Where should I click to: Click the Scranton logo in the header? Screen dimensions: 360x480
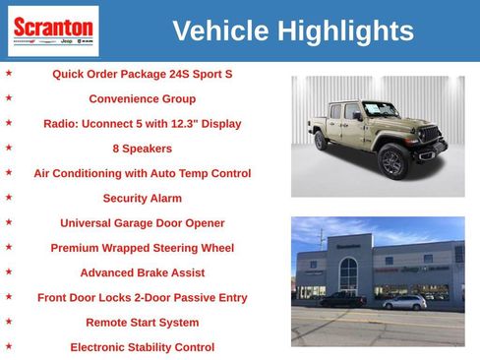[x=53, y=30]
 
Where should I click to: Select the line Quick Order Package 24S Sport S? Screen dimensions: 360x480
[x=142, y=74]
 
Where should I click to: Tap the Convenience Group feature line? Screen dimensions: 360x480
[x=142, y=99]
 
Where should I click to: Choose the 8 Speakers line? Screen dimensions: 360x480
[x=142, y=149]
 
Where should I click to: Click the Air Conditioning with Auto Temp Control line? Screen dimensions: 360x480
[x=142, y=173]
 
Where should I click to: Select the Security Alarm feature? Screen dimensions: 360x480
[x=142, y=198]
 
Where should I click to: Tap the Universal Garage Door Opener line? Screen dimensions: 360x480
[x=142, y=223]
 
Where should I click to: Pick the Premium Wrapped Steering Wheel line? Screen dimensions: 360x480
[x=142, y=248]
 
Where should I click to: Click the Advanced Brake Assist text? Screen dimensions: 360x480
[x=142, y=272]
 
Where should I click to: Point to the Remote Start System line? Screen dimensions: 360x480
[x=142, y=323]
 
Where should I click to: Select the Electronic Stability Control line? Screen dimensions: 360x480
[x=142, y=347]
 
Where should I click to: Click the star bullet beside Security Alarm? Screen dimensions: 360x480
[x=9, y=197]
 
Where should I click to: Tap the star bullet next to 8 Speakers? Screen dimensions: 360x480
[x=9, y=148]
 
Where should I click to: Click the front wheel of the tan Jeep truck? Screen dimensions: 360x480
[x=392, y=162]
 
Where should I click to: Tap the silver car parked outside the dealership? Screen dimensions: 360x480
[x=404, y=302]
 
